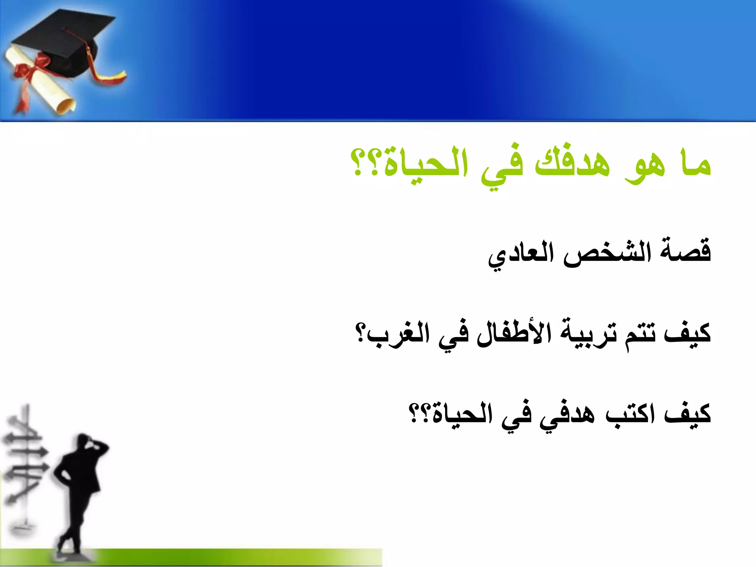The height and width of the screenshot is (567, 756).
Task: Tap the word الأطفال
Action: pos(513,332)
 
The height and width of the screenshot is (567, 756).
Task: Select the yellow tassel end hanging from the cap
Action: pos(111,78)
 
